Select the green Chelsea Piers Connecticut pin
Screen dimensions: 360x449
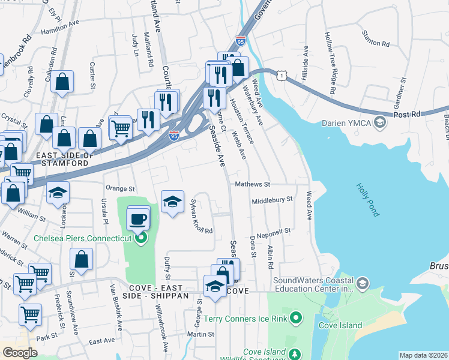click(142, 239)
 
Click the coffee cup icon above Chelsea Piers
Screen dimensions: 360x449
click(138, 218)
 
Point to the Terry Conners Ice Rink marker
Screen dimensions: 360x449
click(295, 317)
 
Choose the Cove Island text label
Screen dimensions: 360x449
click(340, 326)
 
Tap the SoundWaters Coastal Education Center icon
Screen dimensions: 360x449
click(362, 283)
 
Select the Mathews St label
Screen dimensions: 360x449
click(253, 184)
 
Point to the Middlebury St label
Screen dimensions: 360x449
click(271, 200)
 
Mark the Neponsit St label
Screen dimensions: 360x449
click(273, 230)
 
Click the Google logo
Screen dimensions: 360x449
click(20, 352)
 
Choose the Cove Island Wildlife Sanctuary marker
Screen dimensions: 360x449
click(294, 355)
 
